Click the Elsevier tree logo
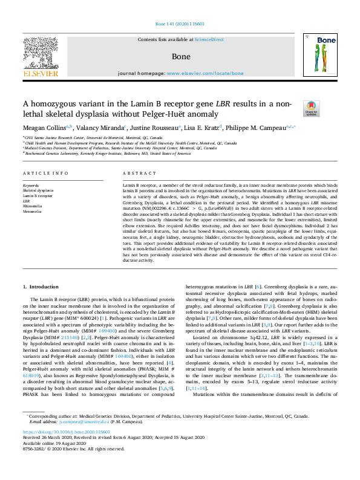41,54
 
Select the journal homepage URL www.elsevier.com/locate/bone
205,73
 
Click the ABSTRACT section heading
136,173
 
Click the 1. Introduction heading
42,285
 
